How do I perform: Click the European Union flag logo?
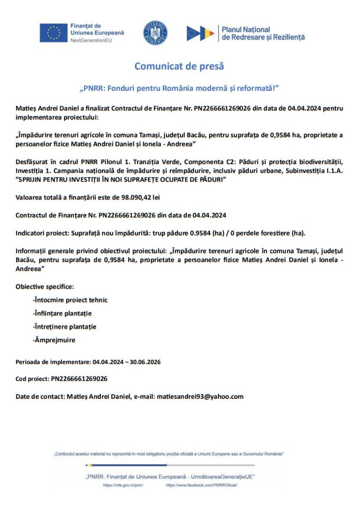tap(53, 33)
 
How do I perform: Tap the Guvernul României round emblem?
tap(155, 33)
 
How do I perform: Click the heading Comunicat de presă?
tap(179, 66)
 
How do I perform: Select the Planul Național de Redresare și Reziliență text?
tap(263, 33)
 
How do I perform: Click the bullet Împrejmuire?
tap(54, 340)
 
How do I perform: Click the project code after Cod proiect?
tap(79, 379)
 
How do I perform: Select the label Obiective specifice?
tap(44, 287)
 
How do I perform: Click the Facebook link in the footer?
tap(201, 486)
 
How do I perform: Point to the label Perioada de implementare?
tap(52, 362)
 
